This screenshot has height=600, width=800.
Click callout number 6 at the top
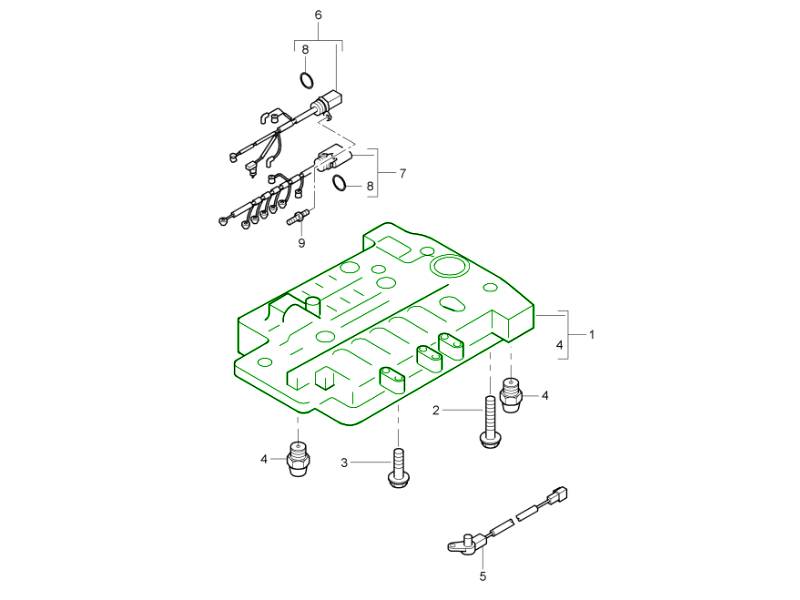tap(318, 15)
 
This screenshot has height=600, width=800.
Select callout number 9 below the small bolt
tap(302, 243)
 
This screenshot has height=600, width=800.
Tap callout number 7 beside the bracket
tap(403, 173)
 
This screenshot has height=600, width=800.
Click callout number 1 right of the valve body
tap(592, 335)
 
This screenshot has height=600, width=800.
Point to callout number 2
tap(436, 410)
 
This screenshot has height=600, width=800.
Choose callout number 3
tap(344, 463)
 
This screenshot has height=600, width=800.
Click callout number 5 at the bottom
tap(483, 577)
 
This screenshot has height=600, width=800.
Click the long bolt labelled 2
tap(489, 423)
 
